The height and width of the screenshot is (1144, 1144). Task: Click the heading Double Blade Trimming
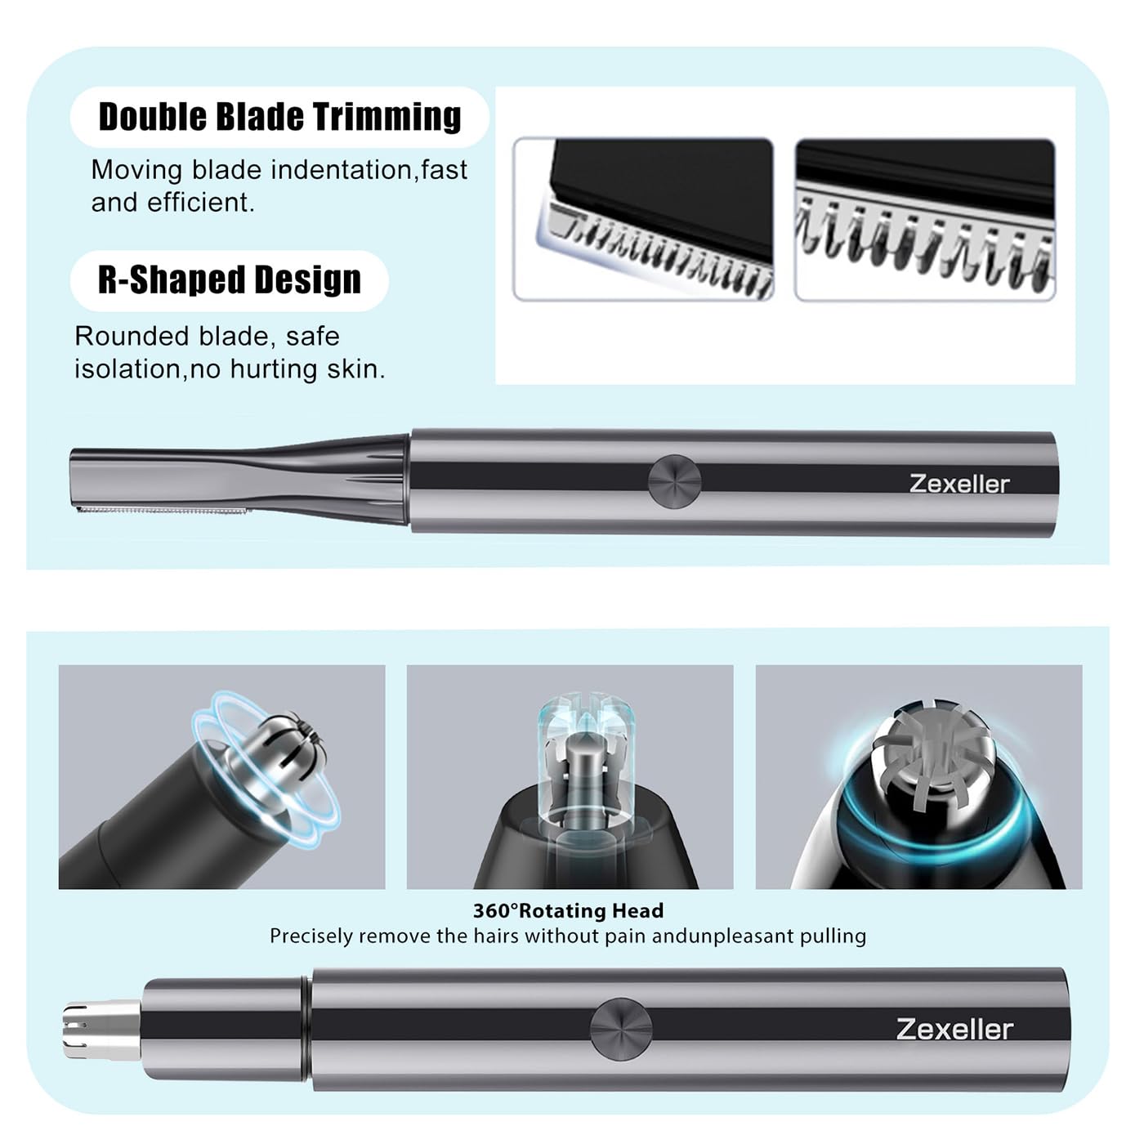tap(279, 117)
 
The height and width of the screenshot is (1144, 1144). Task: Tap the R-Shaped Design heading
tap(229, 280)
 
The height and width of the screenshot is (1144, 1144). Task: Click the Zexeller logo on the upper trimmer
tap(959, 484)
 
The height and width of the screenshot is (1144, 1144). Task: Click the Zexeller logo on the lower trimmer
tap(954, 1029)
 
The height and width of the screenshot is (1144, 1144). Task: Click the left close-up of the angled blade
tap(643, 219)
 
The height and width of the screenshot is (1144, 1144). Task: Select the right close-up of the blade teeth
tap(924, 219)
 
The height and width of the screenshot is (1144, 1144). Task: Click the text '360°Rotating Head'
tap(568, 910)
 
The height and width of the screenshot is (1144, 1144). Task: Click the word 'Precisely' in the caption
tap(311, 936)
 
